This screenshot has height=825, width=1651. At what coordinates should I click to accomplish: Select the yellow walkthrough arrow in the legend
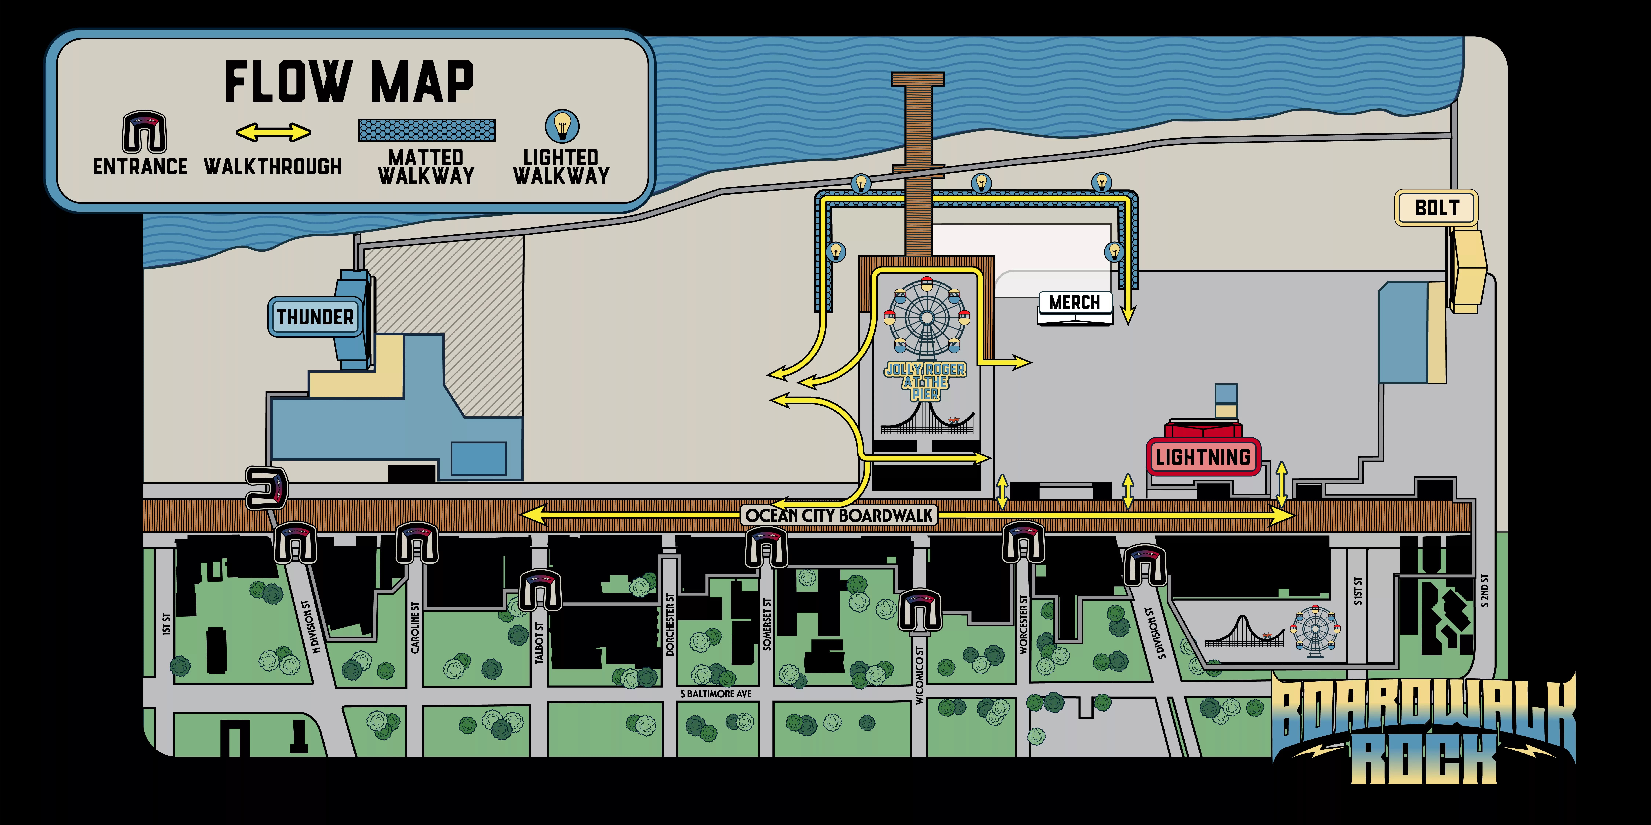[274, 132]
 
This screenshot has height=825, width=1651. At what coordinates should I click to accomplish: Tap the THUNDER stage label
[315, 316]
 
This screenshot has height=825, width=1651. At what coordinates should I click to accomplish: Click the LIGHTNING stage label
[1203, 457]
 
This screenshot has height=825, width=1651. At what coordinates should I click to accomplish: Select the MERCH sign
[1074, 302]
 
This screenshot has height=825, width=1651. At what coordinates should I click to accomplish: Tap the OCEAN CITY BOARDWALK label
[839, 515]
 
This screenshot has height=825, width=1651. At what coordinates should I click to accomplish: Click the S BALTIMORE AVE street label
[716, 694]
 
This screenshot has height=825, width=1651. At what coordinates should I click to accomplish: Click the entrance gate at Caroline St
[417, 542]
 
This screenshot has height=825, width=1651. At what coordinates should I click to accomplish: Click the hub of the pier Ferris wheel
[927, 317]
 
